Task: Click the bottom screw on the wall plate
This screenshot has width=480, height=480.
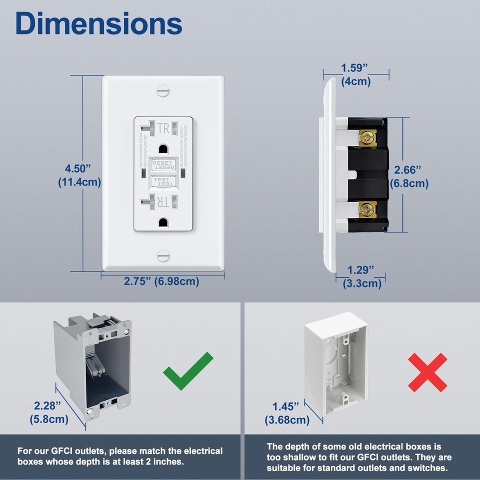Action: pos(163,255)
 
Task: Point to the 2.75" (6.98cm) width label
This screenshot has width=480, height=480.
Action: pos(161,281)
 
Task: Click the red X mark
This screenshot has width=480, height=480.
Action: pos(426,372)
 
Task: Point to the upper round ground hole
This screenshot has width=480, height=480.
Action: pos(163,148)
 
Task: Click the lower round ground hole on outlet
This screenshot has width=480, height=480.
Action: pos(163,222)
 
